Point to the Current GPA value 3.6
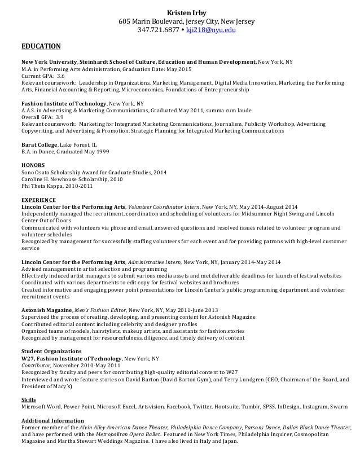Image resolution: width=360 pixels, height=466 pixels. click(61, 76)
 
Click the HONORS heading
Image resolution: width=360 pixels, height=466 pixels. click(32, 165)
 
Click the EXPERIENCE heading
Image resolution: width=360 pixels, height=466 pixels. click(38, 200)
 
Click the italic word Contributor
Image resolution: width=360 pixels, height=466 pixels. click(36, 365)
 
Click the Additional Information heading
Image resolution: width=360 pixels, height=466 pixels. click(52, 420)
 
